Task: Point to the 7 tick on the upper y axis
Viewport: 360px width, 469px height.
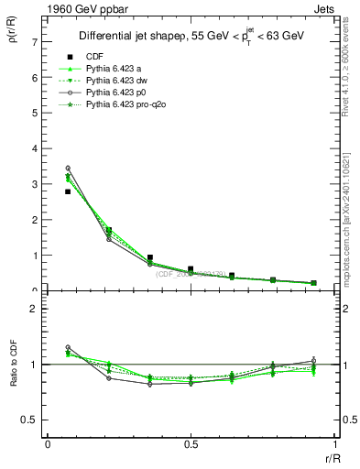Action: [x=35, y=42]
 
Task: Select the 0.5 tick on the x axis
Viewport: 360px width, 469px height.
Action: [x=191, y=446]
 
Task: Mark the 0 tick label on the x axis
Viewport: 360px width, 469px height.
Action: [x=48, y=446]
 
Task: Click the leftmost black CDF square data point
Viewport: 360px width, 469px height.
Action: [x=68, y=191]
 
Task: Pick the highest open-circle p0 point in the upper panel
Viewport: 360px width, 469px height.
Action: [x=68, y=169]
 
